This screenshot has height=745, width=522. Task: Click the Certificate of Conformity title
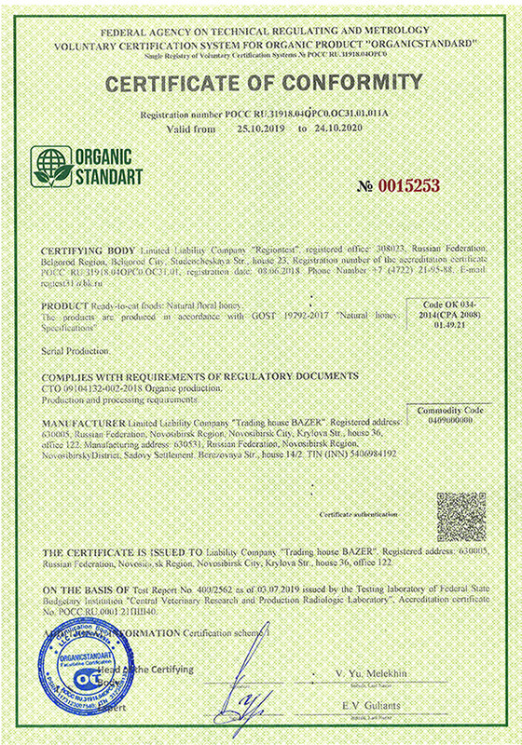point(263,84)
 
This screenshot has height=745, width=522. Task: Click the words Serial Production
point(76,351)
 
